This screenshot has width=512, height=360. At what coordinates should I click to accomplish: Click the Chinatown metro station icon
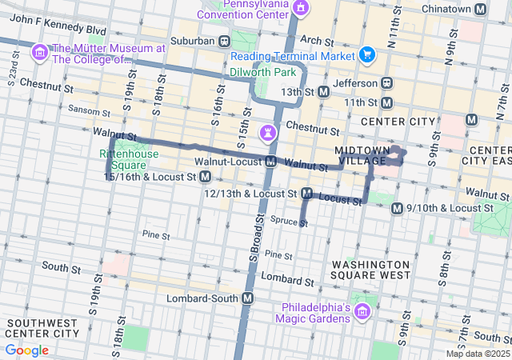tap(480, 9)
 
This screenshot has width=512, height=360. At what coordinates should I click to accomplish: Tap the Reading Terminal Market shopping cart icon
tap(367, 54)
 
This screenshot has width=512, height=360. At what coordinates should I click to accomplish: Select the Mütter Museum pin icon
tap(38, 53)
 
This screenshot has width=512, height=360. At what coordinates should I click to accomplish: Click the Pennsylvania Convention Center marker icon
tap(300, 8)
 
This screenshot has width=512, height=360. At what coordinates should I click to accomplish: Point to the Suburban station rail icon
tap(226, 40)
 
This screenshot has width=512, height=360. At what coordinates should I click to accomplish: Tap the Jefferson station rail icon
tap(387, 82)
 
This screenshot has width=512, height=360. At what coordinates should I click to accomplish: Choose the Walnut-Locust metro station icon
tap(271, 162)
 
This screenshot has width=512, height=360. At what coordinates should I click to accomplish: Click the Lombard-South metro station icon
tap(248, 298)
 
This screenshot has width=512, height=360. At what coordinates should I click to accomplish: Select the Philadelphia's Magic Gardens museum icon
tap(362, 311)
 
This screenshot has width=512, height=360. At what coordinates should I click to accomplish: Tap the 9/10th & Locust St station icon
tap(397, 208)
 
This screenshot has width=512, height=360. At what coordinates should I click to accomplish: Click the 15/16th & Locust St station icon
tap(206, 176)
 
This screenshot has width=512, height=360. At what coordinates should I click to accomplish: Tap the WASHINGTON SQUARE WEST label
tap(370, 270)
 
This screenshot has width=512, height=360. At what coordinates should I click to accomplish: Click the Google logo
tap(26, 350)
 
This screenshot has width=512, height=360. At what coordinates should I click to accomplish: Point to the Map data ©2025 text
tap(477, 354)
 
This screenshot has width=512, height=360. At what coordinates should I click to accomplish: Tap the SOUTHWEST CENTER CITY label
tap(42, 327)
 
